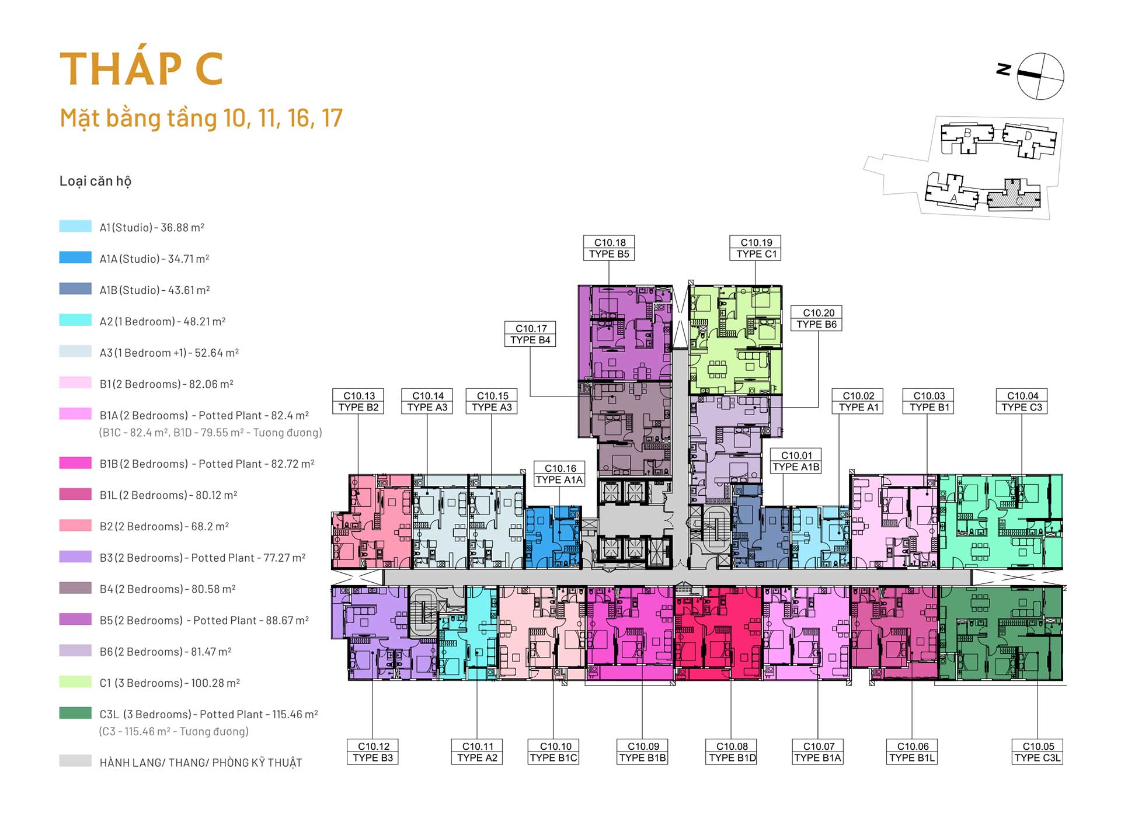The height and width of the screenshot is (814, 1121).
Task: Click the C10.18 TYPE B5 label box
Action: pos(609,248)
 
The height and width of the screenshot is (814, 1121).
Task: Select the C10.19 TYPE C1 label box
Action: pos(756,248)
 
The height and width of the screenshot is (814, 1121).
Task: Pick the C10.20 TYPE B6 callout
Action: pos(817,318)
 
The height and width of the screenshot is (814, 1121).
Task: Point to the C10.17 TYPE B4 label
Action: pos(530,334)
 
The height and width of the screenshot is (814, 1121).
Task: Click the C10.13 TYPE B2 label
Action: pos(358,401)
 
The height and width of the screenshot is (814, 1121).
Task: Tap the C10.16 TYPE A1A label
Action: pos(559,474)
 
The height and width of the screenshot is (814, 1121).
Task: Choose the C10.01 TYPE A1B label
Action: pos(796,461)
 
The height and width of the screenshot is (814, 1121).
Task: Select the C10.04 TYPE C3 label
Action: pos(1022,401)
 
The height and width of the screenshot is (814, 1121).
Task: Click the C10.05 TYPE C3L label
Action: pos(1038,752)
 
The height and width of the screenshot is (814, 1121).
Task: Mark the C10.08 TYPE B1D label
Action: pos(732,752)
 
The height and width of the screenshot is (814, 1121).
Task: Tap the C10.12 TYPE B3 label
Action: pos(373,752)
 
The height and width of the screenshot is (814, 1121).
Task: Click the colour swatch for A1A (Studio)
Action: pos(75,258)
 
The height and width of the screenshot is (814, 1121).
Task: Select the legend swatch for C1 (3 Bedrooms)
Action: pos(75,681)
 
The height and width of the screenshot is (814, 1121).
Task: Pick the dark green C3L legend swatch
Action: pos(75,713)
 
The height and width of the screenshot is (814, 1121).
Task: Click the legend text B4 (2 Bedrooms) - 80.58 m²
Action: pos(168,589)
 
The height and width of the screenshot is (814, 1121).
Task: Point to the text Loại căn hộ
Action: pos(95,181)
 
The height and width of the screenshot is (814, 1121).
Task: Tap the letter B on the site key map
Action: pos(967,133)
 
